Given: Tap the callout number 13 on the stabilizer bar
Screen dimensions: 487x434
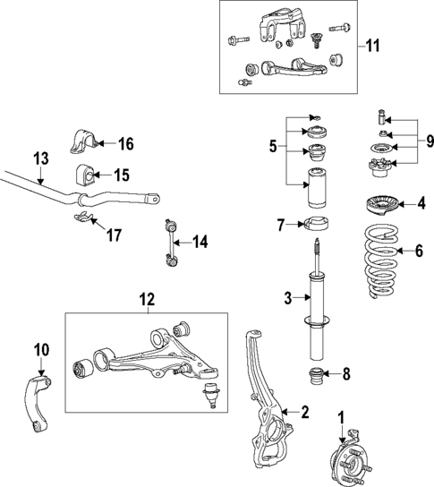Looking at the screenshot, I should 39,158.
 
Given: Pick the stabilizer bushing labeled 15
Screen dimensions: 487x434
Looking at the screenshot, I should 82,174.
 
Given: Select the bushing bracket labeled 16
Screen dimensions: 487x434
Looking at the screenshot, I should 82,142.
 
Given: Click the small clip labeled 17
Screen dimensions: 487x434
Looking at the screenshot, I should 82,218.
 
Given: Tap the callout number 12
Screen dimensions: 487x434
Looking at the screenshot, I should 146,300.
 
